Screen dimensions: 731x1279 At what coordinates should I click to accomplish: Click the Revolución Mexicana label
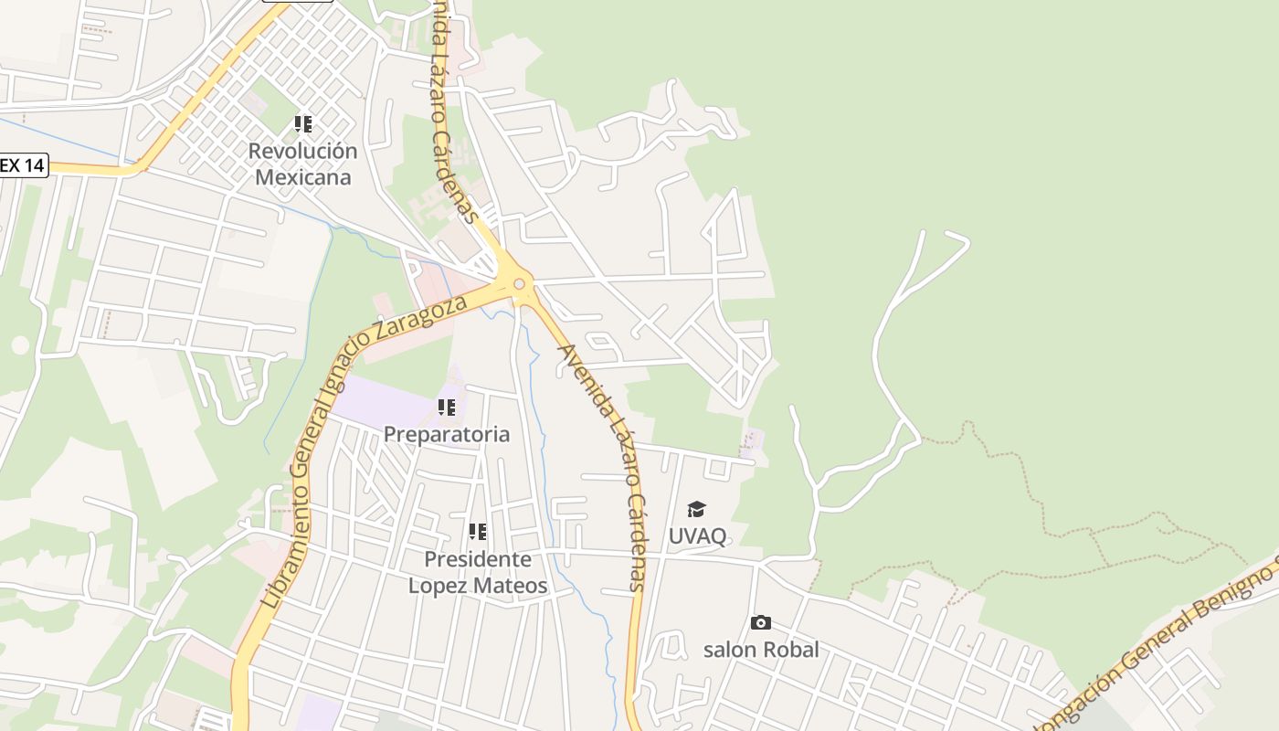[x=302, y=164]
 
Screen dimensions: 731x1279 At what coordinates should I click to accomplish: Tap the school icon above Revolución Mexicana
[x=302, y=123]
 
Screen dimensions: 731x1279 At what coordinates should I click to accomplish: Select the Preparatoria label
[x=446, y=434]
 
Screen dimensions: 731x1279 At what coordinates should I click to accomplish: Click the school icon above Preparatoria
[x=446, y=407]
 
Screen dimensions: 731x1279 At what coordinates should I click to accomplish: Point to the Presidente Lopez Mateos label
[x=478, y=572]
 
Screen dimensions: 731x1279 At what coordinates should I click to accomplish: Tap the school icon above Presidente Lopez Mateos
[x=477, y=531]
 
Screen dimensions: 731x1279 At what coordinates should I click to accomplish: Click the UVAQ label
[x=697, y=535]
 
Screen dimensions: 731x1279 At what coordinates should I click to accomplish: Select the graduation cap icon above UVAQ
[x=697, y=509]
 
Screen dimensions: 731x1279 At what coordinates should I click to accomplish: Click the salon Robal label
[x=761, y=650]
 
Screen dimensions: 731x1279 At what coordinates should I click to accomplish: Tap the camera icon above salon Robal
[x=761, y=623]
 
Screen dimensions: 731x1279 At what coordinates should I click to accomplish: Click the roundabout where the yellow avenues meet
[x=519, y=284]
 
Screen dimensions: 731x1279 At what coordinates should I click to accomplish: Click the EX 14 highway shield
[x=22, y=165]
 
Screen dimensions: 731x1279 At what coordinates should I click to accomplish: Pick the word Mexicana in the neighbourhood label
[x=302, y=176]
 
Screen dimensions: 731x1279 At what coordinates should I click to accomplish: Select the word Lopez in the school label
[x=436, y=586]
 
